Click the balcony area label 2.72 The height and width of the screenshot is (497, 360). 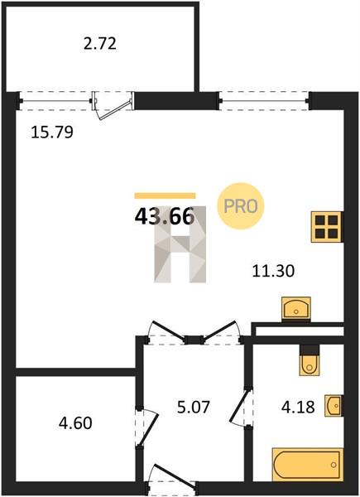100,44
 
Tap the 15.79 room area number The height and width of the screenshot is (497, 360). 52,133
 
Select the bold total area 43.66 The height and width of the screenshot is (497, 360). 165,217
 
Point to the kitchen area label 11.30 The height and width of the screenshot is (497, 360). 273,272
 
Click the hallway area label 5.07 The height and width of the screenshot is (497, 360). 193,407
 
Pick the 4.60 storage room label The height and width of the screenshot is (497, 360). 75,423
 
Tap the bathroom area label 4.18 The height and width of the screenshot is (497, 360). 298,408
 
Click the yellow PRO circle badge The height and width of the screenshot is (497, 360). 241,206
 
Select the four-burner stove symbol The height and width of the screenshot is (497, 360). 327,227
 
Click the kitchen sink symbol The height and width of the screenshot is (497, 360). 296,308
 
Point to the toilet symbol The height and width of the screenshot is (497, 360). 310,360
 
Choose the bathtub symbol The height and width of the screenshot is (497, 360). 308,465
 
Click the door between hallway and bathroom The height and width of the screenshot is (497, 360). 239,407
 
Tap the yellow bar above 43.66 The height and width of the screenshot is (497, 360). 165,195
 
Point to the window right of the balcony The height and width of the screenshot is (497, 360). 264,101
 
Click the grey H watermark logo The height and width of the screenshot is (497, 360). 180,244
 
